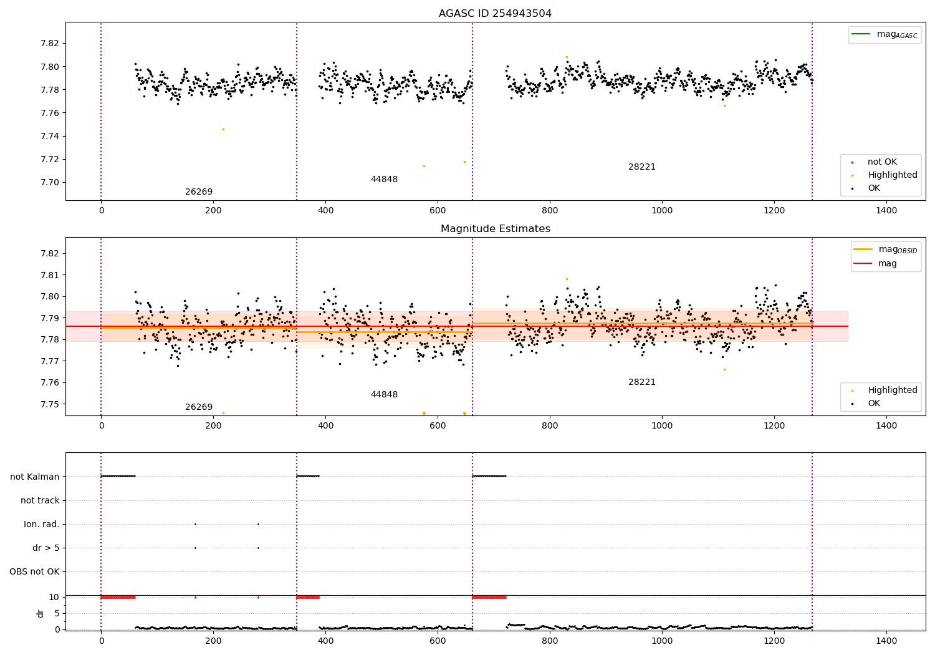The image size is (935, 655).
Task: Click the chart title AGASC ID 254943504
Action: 495,14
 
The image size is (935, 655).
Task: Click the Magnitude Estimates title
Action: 495,229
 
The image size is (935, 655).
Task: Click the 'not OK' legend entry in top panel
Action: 882,162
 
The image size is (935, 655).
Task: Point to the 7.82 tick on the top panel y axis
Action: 50,44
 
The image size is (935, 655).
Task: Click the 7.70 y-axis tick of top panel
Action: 50,183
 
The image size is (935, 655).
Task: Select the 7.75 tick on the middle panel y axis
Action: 50,404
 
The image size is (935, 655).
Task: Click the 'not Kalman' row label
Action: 35,477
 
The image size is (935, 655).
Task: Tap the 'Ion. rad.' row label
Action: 42,525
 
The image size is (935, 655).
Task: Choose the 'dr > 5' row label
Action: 46,548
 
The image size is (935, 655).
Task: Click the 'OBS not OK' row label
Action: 34,572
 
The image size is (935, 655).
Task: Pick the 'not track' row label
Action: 40,500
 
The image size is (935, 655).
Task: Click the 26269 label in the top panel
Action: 199,192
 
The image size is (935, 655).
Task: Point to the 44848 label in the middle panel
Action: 384,395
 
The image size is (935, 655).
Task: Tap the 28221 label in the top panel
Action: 641,167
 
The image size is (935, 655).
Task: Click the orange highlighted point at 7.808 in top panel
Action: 567,57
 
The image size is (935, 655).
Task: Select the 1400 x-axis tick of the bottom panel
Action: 886,640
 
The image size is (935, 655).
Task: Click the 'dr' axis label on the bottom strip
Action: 41,613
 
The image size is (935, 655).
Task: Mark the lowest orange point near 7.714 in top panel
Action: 424,166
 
